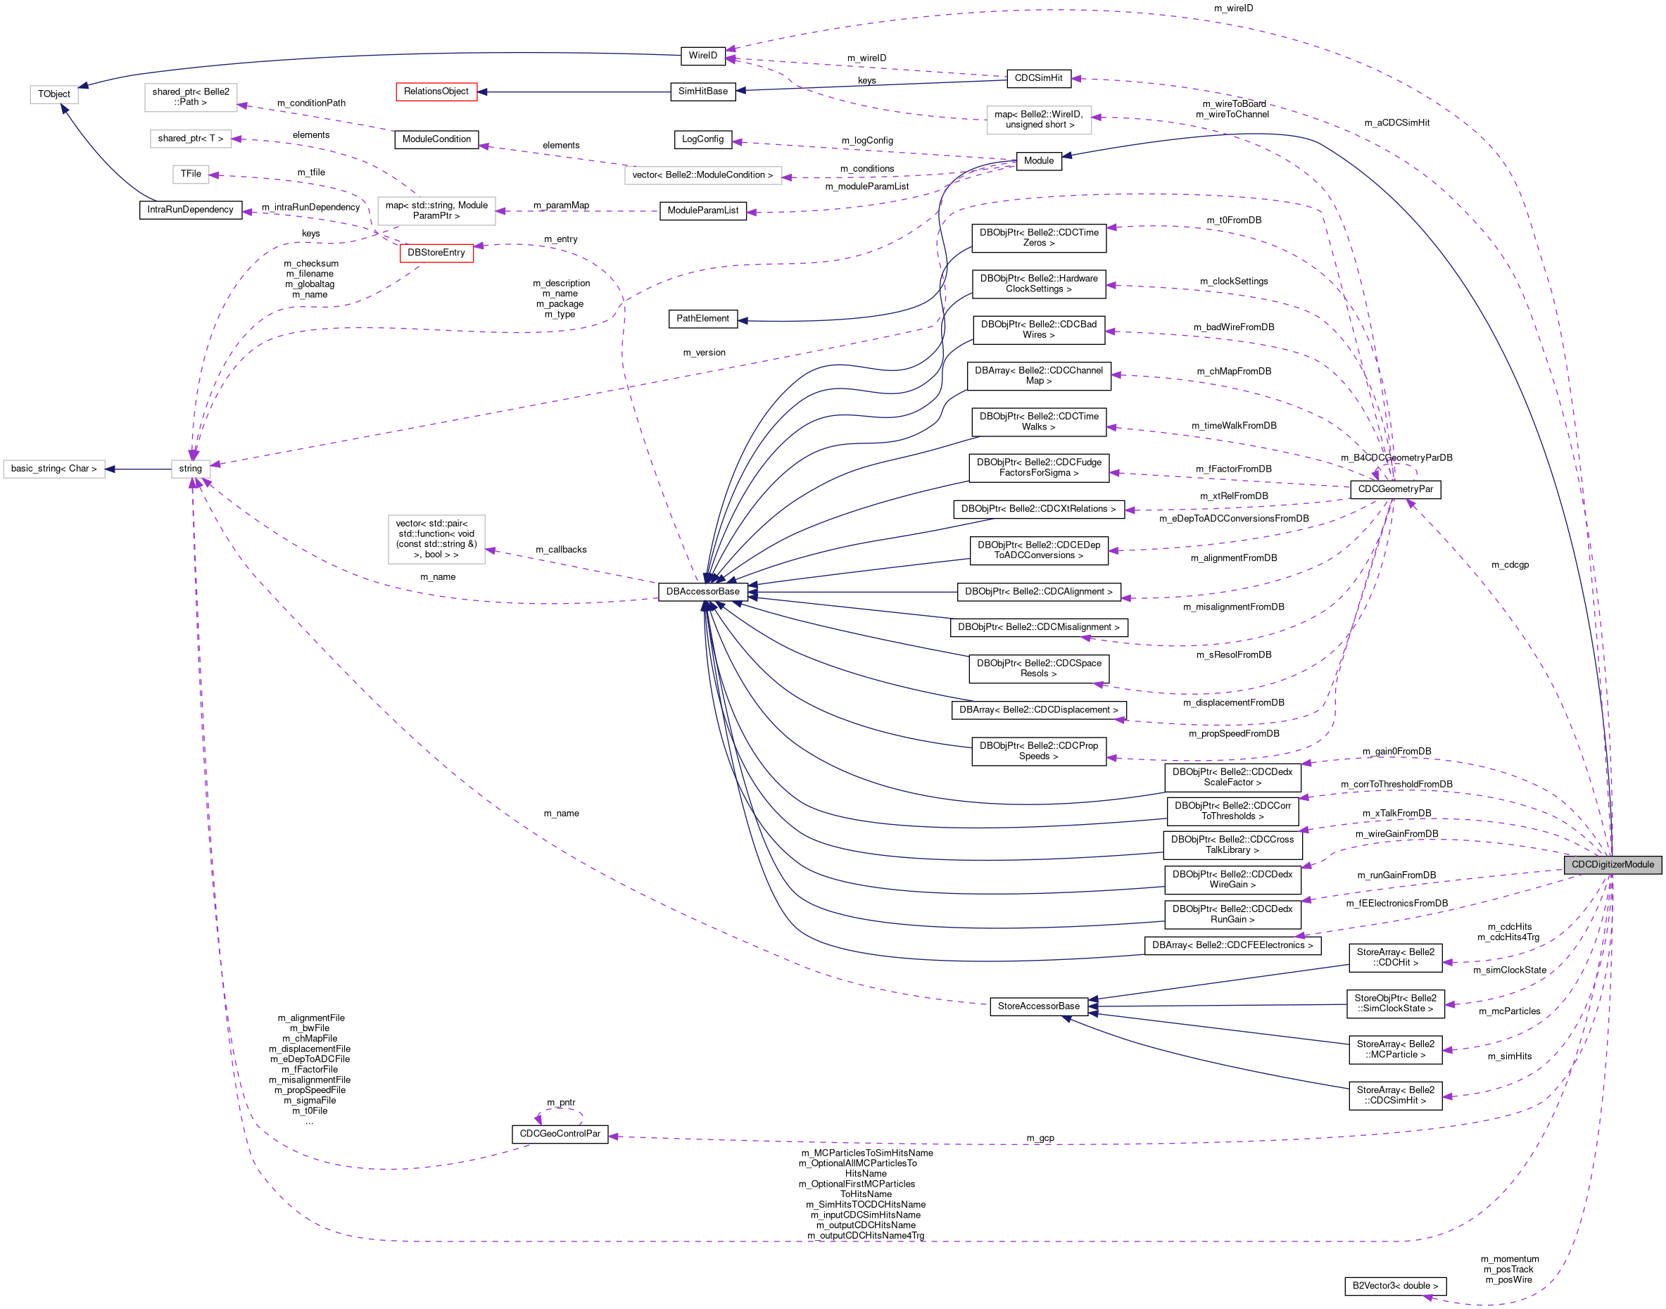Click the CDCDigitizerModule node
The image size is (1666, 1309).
[1613, 864]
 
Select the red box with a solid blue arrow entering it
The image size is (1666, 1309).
[436, 92]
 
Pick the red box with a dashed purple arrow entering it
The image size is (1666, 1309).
[437, 253]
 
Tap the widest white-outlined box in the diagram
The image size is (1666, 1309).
[702, 175]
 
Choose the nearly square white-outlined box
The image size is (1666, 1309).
[436, 540]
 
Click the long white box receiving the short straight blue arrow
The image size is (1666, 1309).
[53, 469]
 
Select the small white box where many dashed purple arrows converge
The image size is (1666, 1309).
[191, 469]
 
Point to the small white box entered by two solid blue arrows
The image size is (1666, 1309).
[53, 94]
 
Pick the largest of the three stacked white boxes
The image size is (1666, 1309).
[191, 98]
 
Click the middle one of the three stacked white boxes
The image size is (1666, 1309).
[191, 139]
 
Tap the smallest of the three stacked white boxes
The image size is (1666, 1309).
[191, 175]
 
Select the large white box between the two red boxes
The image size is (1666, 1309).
[436, 210]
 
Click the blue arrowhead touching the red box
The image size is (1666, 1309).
[483, 92]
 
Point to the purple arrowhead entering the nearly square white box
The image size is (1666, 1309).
[491, 550]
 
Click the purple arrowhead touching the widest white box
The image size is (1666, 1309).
[786, 178]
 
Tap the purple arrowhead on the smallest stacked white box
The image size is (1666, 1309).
[214, 175]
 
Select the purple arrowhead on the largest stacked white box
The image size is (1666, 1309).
[242, 105]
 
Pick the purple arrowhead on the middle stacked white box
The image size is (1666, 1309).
[236, 139]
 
